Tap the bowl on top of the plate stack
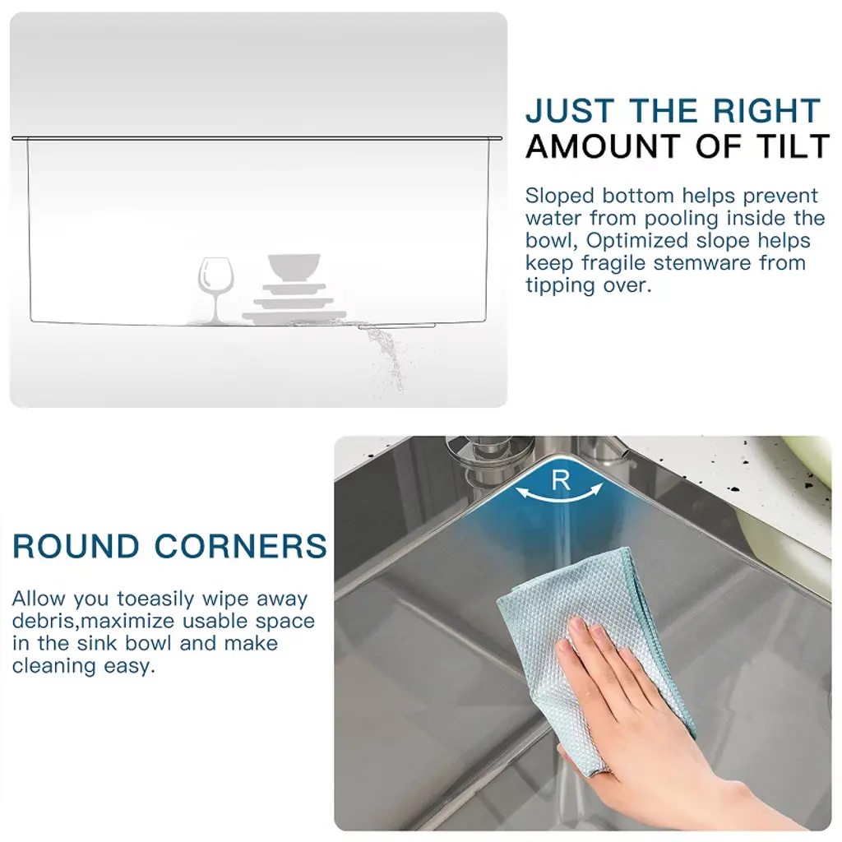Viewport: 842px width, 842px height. [x=294, y=267]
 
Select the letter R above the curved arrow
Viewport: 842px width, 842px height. [x=561, y=480]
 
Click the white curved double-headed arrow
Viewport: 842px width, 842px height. [x=559, y=499]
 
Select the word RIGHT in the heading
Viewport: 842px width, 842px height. [x=766, y=111]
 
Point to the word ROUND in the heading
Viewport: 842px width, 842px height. [x=76, y=546]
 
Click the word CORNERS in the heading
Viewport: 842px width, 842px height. [x=241, y=546]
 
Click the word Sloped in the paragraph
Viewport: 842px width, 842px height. [x=561, y=197]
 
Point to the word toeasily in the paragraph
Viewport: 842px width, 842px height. [x=155, y=599]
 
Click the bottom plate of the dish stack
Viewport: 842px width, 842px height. [x=294, y=316]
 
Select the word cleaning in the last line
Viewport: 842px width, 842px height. [x=54, y=666]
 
